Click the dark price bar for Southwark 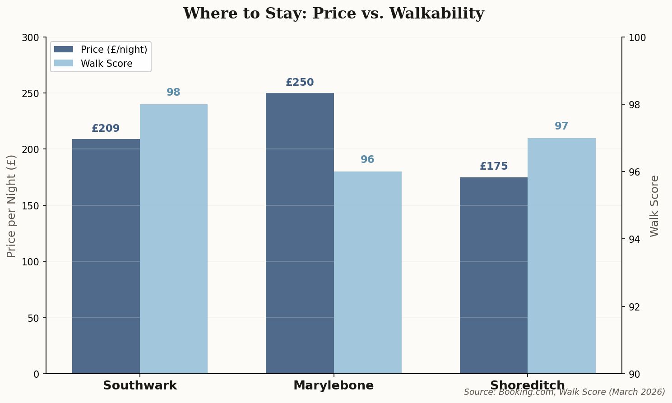tap(106, 256)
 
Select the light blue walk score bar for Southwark tap(174, 239)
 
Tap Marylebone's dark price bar tap(300, 233)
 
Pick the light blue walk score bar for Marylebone tap(367, 273)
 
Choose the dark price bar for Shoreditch tap(494, 275)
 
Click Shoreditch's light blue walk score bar tap(561, 256)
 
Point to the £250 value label tap(300, 83)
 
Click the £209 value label tap(106, 129)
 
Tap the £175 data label tap(494, 167)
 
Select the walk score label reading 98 tap(173, 93)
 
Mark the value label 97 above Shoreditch tap(561, 126)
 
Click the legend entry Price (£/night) tap(114, 50)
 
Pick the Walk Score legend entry tap(107, 64)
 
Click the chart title tap(334, 14)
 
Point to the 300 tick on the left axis tap(30, 37)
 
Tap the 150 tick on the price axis tap(30, 206)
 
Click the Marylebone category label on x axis tap(334, 386)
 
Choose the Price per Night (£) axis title tap(12, 206)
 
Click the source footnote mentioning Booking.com tap(564, 392)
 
